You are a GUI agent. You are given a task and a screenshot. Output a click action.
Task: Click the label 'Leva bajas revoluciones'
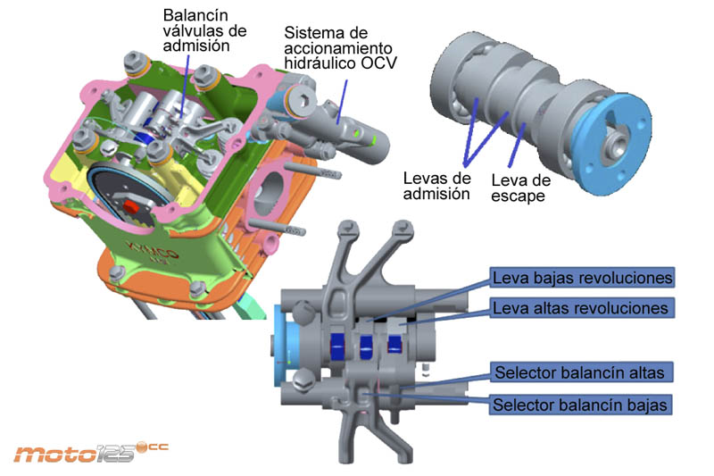point(582,278)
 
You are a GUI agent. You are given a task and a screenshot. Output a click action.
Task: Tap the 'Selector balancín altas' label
point(579,372)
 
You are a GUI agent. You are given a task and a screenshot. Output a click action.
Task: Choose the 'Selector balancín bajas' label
point(580,405)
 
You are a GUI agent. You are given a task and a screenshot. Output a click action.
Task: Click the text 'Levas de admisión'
point(436,186)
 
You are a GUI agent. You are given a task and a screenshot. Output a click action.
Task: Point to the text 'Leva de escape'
point(522,188)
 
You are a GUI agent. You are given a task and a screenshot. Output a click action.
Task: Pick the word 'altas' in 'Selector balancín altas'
point(638,372)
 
